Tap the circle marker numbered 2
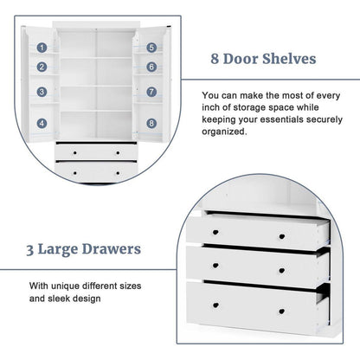tap(41, 67)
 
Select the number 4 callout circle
tap(41, 123)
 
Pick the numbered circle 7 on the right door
tap(151, 91)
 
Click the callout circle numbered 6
tap(151, 67)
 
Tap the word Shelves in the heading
tap(289, 60)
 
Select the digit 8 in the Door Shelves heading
tap(216, 60)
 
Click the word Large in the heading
tap(67, 250)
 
